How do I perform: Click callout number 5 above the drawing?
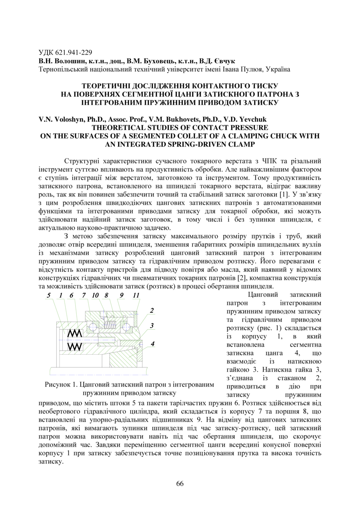pos(48,295)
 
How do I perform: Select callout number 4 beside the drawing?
pos(152,344)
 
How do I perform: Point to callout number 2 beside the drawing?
pos(152,311)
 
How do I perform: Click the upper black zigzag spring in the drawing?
pos(75,333)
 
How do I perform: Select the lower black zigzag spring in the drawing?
pos(75,346)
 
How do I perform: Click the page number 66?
pos(180,483)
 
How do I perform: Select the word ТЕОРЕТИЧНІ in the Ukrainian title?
pos(108,86)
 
